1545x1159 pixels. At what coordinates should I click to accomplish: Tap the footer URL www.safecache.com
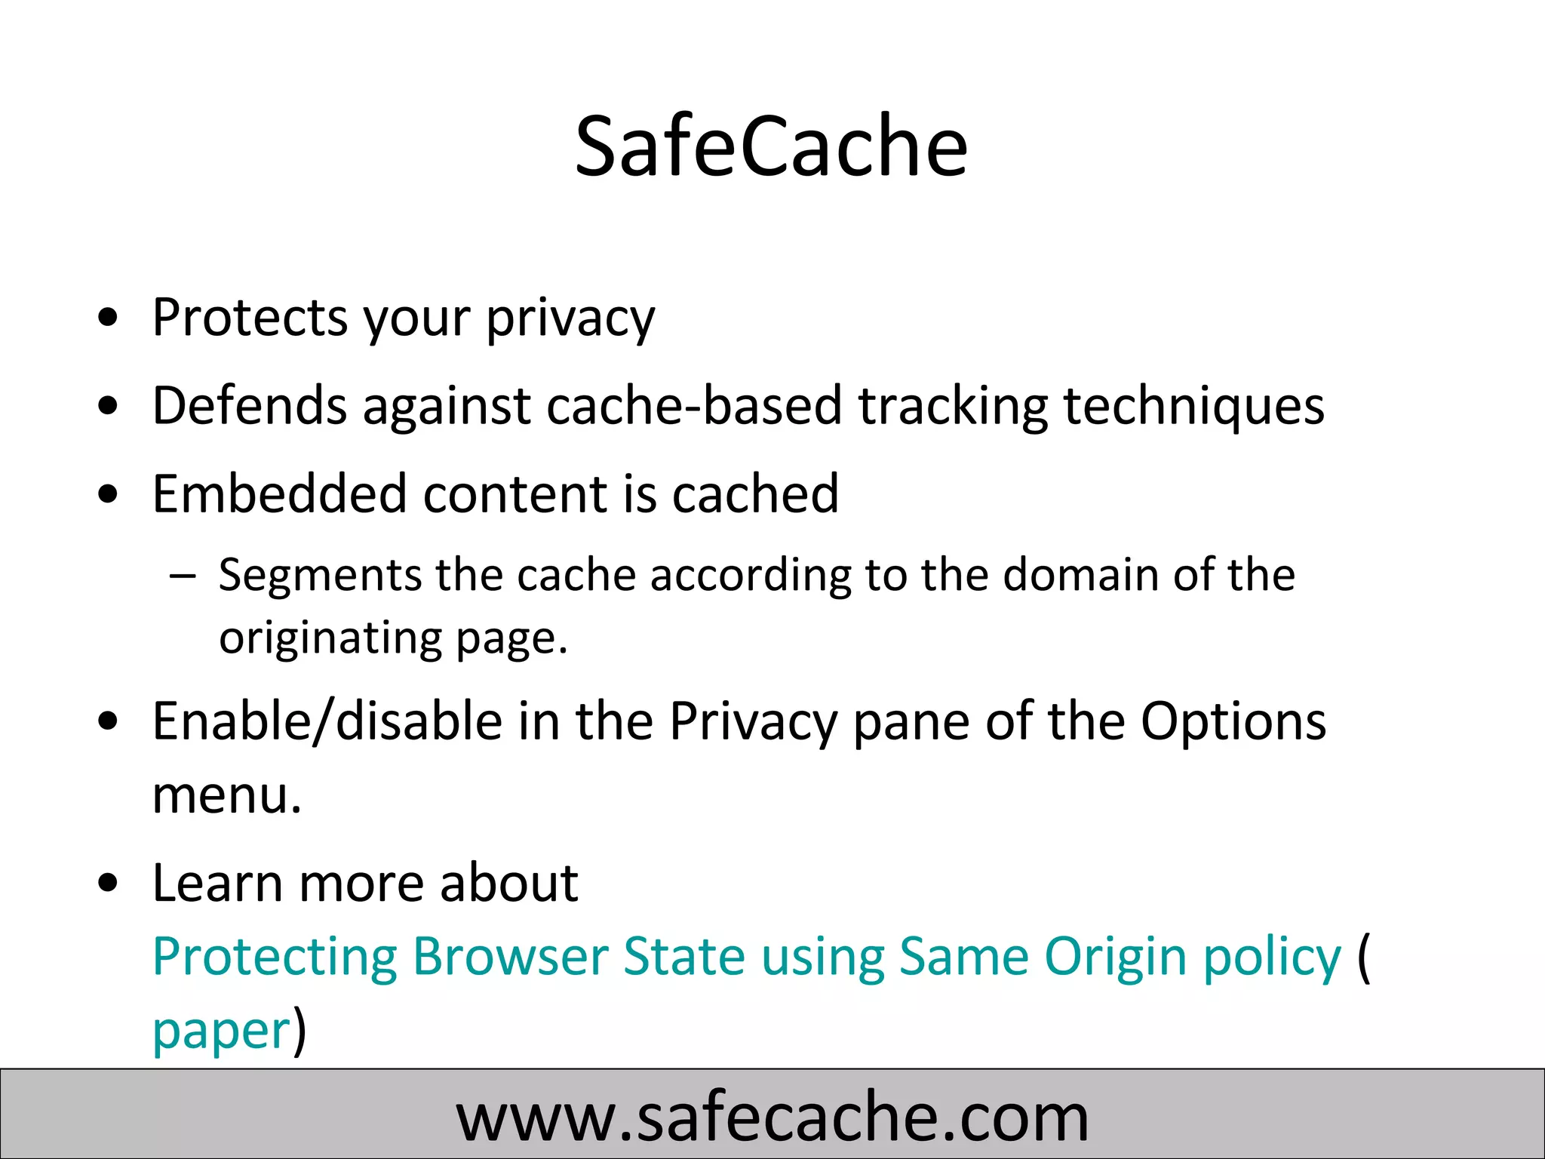coord(772,1115)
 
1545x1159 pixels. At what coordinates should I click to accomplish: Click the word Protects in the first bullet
coord(250,317)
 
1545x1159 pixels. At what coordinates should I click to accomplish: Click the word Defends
coord(250,405)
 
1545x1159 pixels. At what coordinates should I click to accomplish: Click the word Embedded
coord(279,493)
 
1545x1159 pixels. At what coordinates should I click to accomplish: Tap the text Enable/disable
coord(327,721)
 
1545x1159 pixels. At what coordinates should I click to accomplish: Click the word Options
coord(1233,722)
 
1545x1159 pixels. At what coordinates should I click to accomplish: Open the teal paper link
coord(221,1031)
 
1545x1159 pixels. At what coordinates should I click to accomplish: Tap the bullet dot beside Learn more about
coord(109,882)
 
